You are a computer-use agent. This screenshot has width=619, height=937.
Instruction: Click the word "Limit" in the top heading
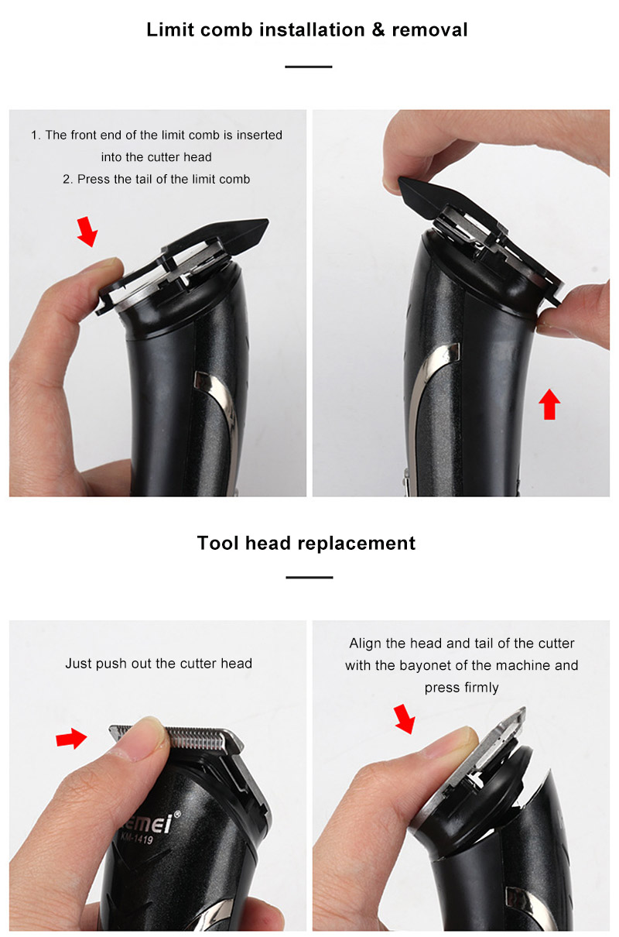tap(170, 29)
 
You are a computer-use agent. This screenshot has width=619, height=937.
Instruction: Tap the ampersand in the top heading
tap(378, 29)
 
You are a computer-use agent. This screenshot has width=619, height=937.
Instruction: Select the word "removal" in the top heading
tap(429, 29)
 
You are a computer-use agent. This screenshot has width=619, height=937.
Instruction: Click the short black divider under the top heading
tap(309, 67)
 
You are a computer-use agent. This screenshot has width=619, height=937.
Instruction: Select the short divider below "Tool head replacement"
tap(309, 577)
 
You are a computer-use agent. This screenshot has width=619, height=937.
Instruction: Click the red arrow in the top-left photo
tap(87, 232)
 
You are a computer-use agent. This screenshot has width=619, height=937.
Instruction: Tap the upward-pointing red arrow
tap(549, 404)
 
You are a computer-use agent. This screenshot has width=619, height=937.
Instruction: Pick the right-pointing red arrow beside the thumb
tap(71, 738)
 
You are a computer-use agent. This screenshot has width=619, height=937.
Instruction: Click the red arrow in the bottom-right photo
tap(405, 719)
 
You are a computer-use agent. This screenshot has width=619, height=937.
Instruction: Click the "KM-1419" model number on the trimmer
tap(137, 838)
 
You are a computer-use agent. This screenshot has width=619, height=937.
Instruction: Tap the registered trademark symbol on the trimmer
tap(177, 814)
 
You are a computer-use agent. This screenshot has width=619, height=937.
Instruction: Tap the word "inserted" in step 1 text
tap(259, 135)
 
